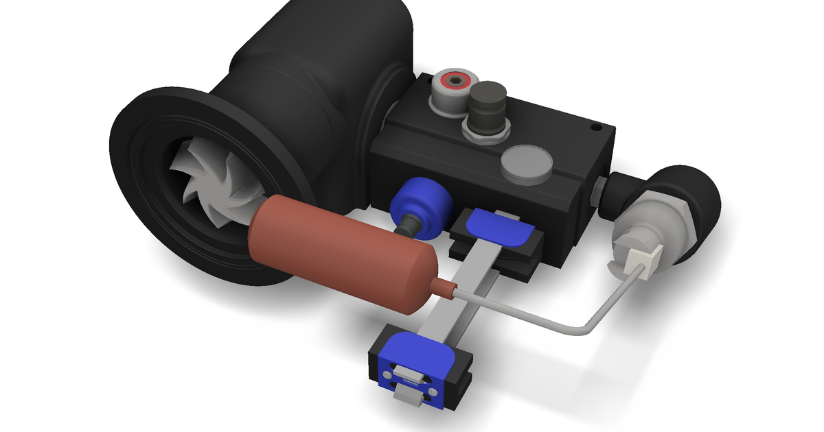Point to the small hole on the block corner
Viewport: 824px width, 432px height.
597,128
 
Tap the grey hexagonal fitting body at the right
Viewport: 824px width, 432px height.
656,230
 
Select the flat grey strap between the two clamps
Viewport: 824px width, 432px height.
460,295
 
